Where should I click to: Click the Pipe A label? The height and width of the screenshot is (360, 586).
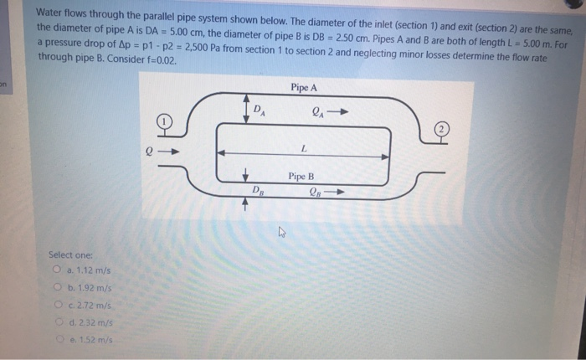[x=304, y=88]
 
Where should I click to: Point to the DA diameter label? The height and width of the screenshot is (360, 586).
[x=261, y=110]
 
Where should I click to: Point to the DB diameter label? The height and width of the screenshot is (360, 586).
[x=259, y=192]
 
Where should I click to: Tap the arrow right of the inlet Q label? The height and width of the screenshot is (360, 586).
[x=170, y=152]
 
